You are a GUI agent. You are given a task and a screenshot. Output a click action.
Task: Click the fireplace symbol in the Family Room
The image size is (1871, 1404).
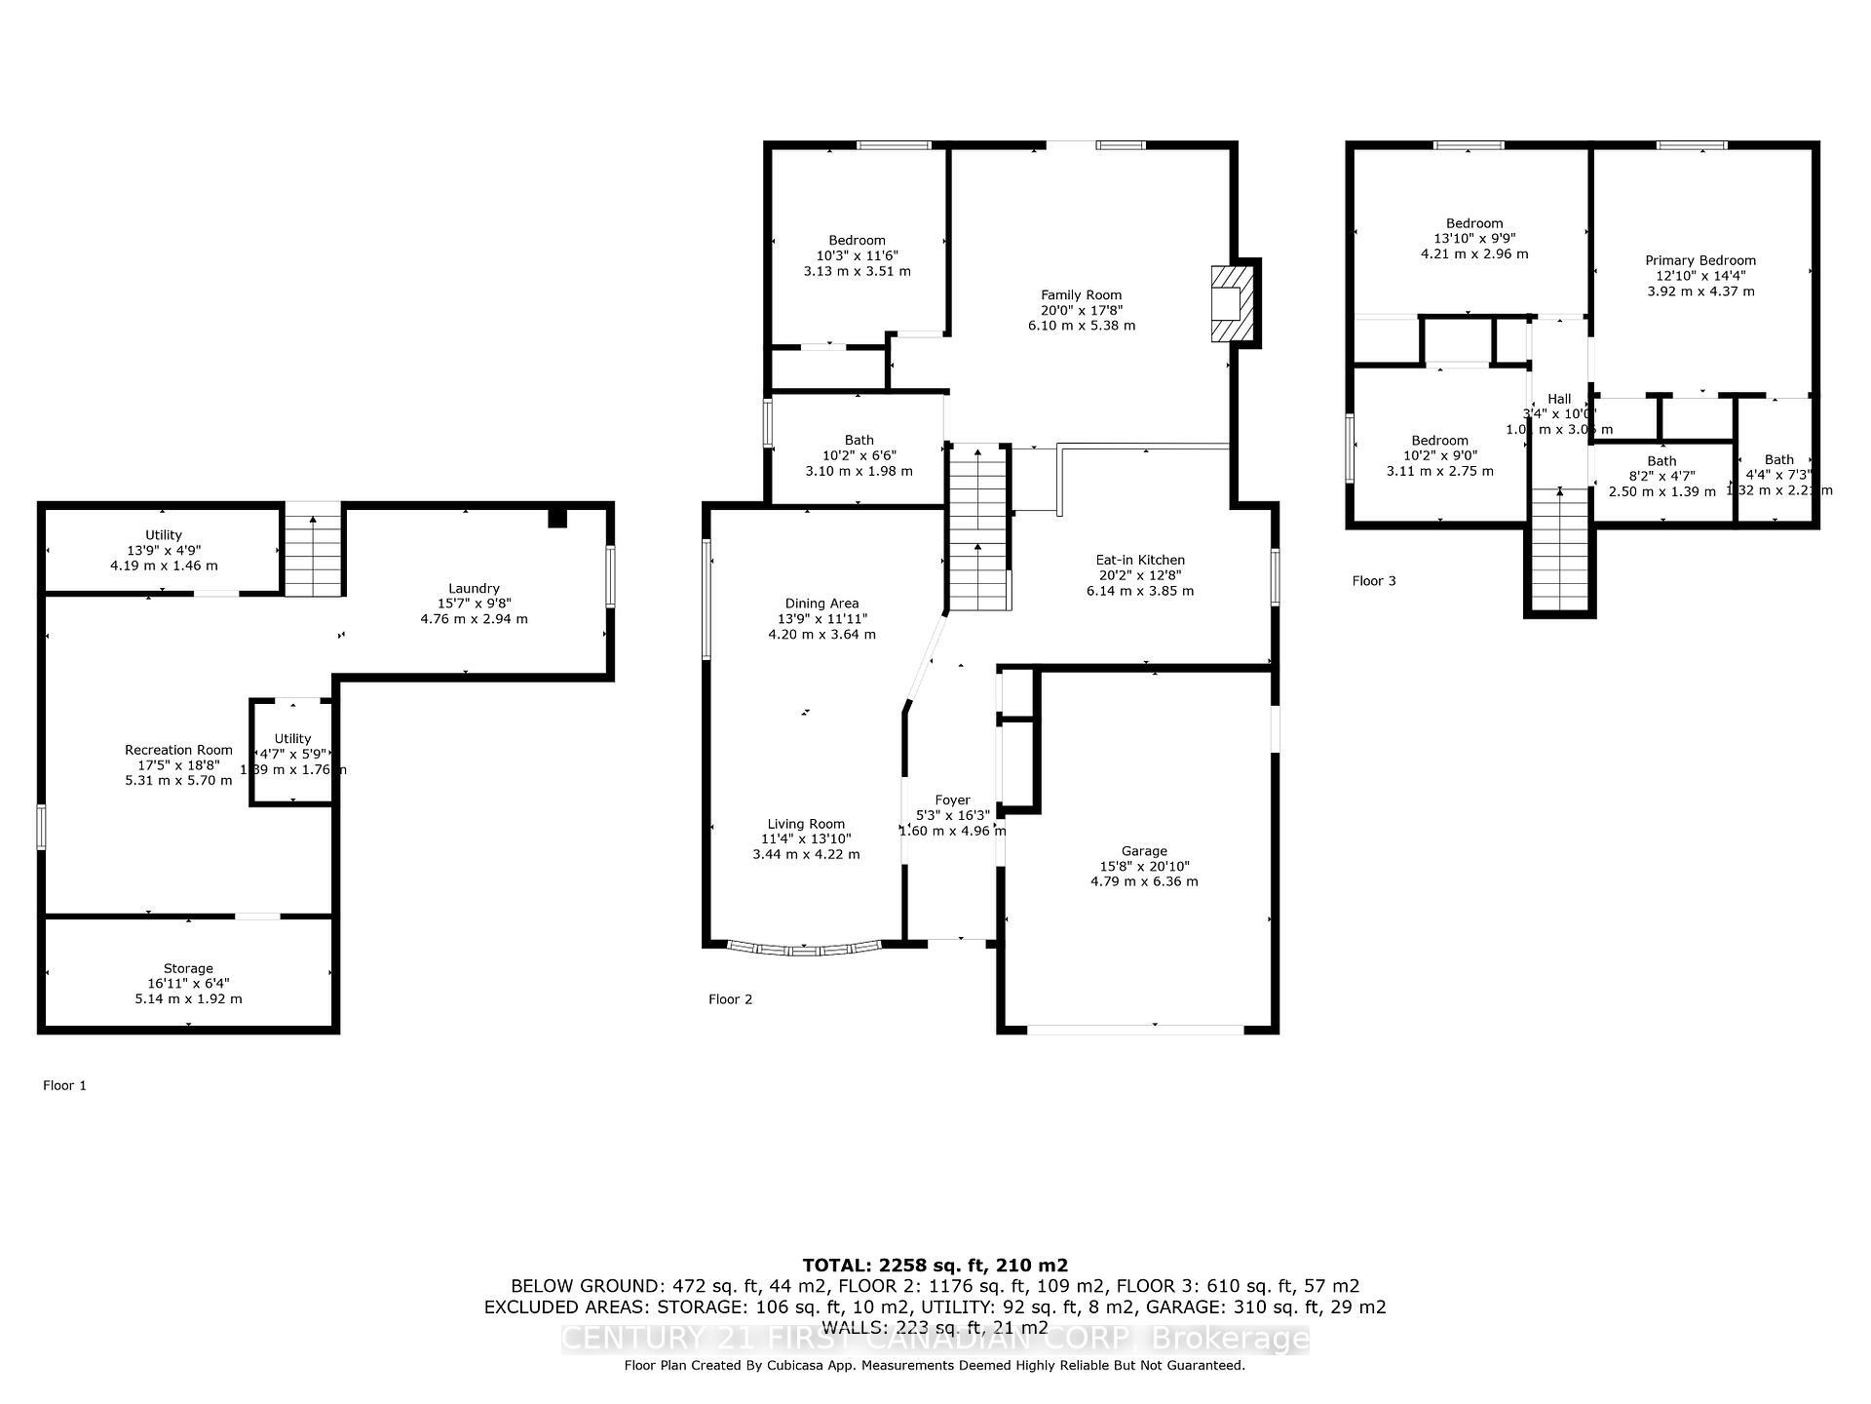point(1231,302)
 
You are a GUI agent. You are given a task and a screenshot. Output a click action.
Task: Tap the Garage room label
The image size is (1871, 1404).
point(1144,851)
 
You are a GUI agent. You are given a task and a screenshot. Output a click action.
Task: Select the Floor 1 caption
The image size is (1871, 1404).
point(64,1085)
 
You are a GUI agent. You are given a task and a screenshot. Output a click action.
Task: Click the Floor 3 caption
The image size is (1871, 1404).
point(1373,581)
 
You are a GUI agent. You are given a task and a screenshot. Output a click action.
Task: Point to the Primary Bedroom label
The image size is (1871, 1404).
point(1700,260)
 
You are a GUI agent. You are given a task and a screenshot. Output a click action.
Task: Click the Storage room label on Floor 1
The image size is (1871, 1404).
point(188,968)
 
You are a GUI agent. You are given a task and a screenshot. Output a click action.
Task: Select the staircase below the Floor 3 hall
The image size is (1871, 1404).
point(1560,551)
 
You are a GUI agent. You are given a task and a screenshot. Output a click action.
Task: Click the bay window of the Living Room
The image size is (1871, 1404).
point(805,948)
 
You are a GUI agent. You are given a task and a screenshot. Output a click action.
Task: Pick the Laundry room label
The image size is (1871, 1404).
point(474,588)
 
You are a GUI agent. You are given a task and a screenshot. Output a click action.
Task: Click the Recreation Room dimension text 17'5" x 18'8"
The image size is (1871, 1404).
point(178,765)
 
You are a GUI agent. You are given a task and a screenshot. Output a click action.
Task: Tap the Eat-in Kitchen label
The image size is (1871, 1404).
point(1140,560)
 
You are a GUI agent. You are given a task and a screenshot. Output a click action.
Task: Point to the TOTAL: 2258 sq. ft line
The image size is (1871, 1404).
point(935,1266)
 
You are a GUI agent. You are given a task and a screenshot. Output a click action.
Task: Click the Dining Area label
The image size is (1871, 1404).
point(821,604)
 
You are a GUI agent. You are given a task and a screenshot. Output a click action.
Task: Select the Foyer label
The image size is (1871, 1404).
point(952,799)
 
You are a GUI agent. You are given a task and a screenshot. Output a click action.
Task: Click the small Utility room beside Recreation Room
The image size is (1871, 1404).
point(292,753)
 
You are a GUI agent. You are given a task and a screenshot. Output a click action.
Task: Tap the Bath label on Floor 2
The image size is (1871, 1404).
point(859,440)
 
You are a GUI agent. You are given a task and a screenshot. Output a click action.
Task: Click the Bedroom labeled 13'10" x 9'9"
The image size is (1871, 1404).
point(1473,238)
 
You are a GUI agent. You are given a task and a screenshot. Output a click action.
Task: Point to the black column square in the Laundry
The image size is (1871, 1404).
point(556,518)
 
